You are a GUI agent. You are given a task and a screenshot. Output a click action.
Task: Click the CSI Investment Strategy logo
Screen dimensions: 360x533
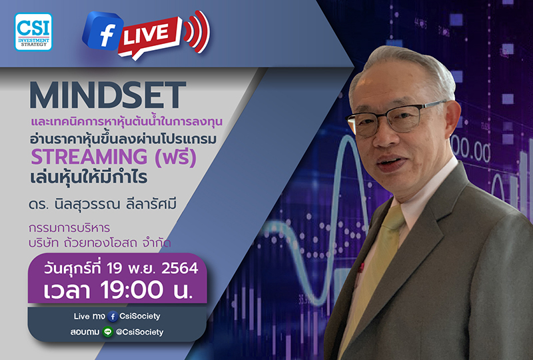pos(33,32)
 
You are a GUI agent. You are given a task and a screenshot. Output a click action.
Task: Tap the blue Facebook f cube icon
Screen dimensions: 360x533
pos(101,31)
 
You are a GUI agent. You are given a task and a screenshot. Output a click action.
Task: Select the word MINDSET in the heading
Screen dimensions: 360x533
pos(107,96)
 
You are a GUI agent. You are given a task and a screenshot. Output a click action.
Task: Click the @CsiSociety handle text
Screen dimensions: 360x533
pos(139,332)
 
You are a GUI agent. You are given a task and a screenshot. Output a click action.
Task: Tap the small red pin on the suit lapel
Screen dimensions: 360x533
pos(361,268)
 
